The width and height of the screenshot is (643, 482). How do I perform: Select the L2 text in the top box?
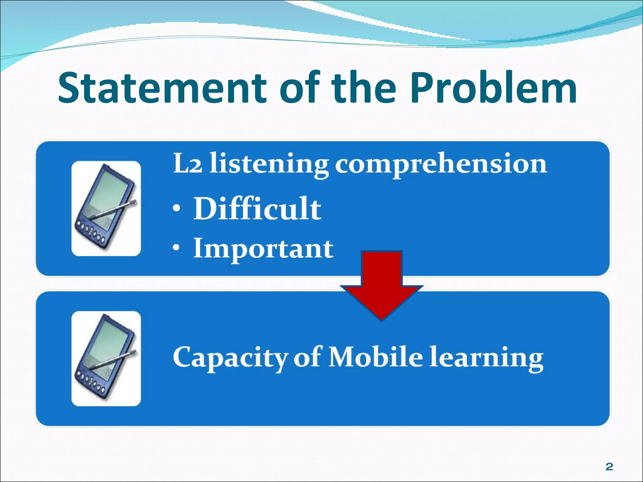point(187,164)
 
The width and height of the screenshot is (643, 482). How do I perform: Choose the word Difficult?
point(257,208)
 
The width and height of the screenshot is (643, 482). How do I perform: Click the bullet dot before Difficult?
point(177,209)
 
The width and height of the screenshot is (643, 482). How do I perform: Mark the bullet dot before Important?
point(177,248)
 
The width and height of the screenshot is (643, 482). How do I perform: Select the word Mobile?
point(376,357)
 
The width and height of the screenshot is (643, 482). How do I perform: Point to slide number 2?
point(609,467)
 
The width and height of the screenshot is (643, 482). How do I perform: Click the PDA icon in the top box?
point(106,208)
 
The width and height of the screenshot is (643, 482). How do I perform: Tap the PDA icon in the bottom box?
point(106,358)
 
